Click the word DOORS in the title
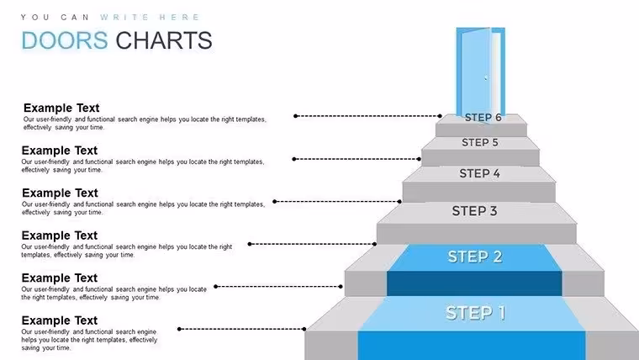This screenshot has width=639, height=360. click(x=65, y=40)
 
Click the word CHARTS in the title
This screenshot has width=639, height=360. click(x=164, y=40)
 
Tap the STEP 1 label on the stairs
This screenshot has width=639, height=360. click(x=475, y=313)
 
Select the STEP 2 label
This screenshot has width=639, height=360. click(x=475, y=257)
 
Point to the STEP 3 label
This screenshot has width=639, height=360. click(x=474, y=211)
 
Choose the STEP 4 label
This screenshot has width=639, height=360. click(x=479, y=173)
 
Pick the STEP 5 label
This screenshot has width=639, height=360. click(x=479, y=142)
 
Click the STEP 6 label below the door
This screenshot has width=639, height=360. click(x=483, y=118)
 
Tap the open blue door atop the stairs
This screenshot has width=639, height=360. click(x=480, y=74)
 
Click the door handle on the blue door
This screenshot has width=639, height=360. click(x=486, y=77)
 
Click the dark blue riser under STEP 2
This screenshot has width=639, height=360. click(x=474, y=283)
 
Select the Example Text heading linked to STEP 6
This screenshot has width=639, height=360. click(x=61, y=108)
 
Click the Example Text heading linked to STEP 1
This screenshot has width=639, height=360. click(x=60, y=320)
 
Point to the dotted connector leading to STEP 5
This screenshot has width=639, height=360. click(x=356, y=159)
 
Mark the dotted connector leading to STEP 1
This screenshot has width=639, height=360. click(x=242, y=329)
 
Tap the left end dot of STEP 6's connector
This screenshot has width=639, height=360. click(x=295, y=116)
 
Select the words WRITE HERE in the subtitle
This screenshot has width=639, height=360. click(x=150, y=17)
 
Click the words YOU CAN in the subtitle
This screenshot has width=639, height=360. click(x=55, y=17)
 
